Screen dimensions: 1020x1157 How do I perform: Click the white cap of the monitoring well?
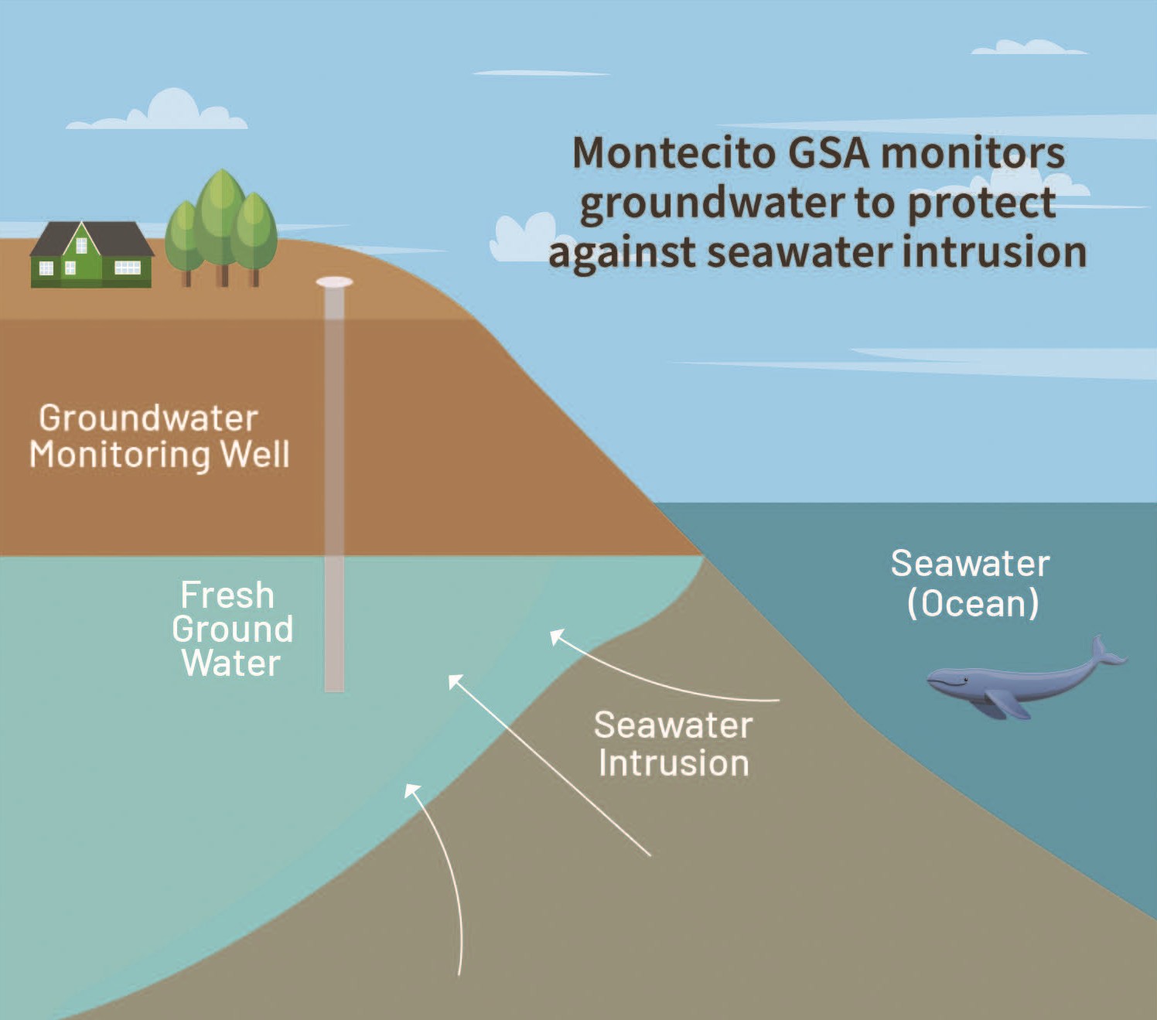pos(334,283)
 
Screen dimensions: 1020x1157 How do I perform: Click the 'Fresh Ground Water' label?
pos(230,629)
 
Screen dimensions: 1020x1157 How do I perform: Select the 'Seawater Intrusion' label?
pos(673,744)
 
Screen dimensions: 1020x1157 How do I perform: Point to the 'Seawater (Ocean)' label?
pos(971,583)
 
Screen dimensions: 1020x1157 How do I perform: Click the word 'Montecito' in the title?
pos(674,153)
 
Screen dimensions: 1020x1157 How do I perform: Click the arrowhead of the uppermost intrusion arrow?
pos(556,636)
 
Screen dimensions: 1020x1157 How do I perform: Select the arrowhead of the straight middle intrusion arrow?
pos(456,681)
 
